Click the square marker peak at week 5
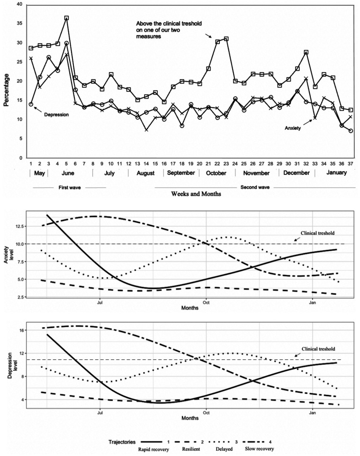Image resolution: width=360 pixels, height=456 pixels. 67,18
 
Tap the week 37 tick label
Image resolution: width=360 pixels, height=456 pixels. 351,164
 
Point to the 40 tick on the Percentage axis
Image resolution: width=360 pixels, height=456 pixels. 19,4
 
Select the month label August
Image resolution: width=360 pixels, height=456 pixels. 145,173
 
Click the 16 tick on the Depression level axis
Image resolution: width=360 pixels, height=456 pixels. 21,330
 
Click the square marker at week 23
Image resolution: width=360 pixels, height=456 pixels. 226,39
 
